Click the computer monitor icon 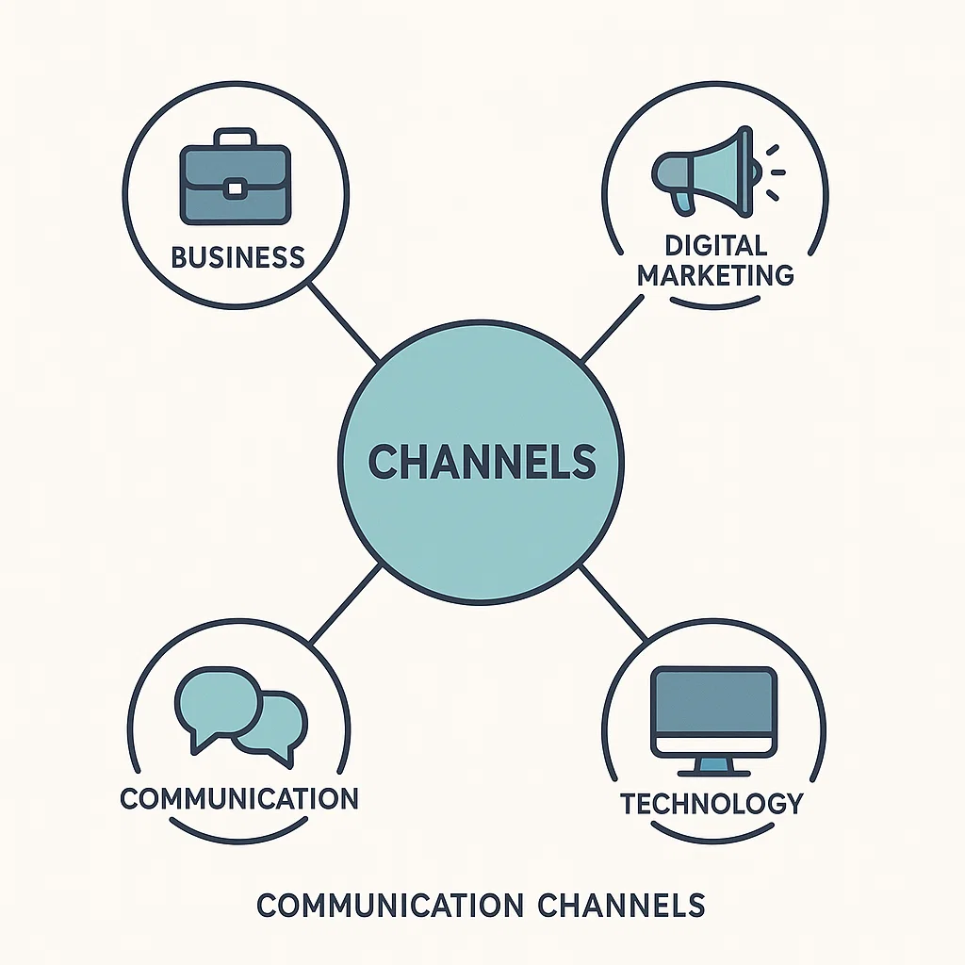coord(714,711)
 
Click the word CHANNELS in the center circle coord(482,462)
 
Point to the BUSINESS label coord(237,257)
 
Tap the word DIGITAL coord(716,246)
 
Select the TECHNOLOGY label coord(711,803)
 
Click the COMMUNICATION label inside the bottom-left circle coord(239,798)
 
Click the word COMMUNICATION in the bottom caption coord(389,906)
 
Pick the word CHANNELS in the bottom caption coord(621,906)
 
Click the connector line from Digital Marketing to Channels coord(613,329)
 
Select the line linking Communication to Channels coord(345,603)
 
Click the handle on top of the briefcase coord(236,139)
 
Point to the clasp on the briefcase coord(236,189)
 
